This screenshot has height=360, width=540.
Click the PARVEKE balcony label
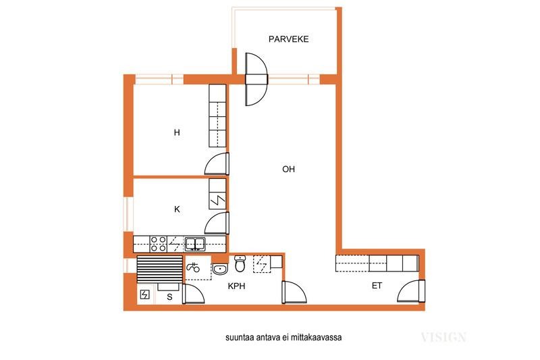(x=288, y=39)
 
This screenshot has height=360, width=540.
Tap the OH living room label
(x=288, y=169)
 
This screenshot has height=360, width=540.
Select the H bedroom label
(x=177, y=132)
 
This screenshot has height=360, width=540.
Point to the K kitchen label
(x=177, y=209)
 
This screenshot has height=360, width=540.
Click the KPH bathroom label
(x=237, y=286)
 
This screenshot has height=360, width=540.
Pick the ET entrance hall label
(x=377, y=286)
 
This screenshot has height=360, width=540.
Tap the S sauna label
(x=169, y=297)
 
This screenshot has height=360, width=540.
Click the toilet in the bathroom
(x=240, y=263)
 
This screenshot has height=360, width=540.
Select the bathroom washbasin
(x=220, y=269)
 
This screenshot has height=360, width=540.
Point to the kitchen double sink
(x=195, y=245)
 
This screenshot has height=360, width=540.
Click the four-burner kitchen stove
(x=159, y=244)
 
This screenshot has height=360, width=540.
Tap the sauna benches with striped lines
(x=159, y=269)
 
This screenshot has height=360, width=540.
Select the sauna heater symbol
(x=145, y=294)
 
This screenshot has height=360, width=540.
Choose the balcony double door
(x=256, y=79)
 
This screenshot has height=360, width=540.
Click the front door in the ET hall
(x=411, y=292)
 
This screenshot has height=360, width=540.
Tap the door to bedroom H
(x=217, y=163)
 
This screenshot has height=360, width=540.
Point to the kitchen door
(x=217, y=224)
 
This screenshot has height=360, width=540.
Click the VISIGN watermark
(x=443, y=336)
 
